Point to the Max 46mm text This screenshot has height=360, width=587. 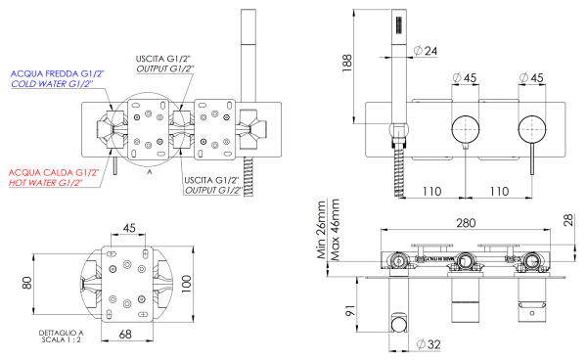click(336, 238)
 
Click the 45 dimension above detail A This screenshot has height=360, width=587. click(129, 229)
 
